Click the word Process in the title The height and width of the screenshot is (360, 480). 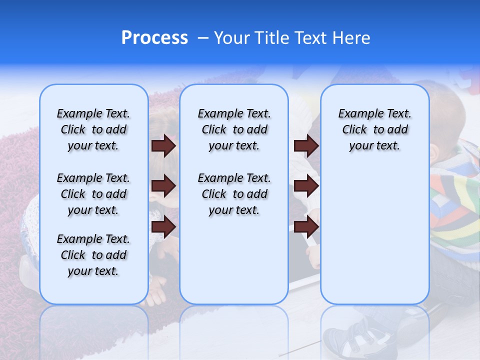[x=154, y=38]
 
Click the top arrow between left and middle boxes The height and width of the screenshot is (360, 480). [x=163, y=146]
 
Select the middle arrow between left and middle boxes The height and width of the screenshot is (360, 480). [x=163, y=186]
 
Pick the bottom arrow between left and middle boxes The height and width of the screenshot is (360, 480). [x=163, y=226]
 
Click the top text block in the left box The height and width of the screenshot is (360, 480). [x=93, y=129]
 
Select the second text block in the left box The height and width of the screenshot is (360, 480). [x=93, y=194]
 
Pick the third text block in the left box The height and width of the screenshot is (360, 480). [x=93, y=255]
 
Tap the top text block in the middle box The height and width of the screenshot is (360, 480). [x=234, y=129]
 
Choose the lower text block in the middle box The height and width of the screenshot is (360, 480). [x=234, y=194]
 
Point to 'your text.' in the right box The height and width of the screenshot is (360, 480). [x=374, y=146]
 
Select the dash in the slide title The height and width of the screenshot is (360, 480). [x=202, y=38]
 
